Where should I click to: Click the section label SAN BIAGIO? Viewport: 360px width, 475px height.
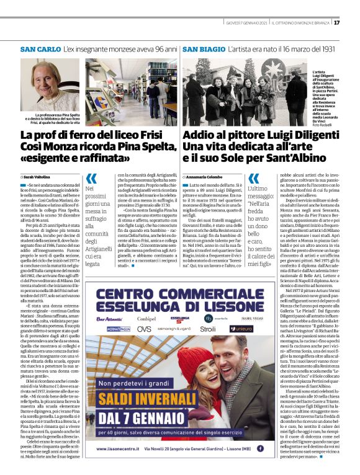[204, 48]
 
